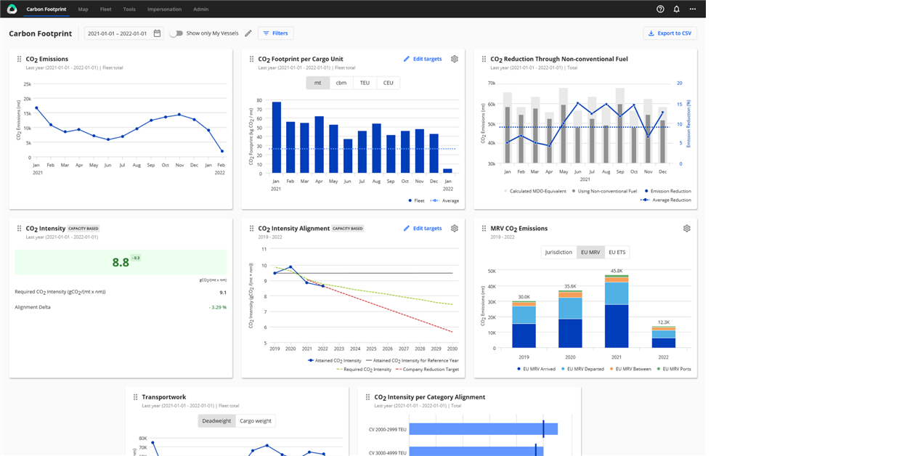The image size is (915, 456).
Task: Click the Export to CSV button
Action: pos(670,33)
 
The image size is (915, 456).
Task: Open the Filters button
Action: pos(275,33)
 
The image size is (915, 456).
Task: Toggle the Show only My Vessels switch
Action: pos(176,33)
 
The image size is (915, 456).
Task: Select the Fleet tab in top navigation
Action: pos(105,9)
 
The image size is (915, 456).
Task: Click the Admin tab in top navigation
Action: pos(201,9)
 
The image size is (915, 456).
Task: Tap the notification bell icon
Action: pos(676,9)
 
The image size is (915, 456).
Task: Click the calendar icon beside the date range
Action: pos(158,33)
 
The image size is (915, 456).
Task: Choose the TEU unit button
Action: pos(365,83)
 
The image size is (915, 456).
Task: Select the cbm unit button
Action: pos(341,83)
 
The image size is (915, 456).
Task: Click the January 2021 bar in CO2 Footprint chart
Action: pos(277,137)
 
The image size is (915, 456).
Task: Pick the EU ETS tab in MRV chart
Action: pos(617,252)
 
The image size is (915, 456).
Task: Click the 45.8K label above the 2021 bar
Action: pos(617,271)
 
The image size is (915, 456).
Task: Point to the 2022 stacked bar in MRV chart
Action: pos(663,338)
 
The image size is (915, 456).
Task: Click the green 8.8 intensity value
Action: pos(121,262)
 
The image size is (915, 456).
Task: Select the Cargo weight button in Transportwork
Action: pos(256,421)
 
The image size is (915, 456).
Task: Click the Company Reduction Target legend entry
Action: pos(427,370)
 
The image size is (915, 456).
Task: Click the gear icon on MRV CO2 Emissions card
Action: pos(686,228)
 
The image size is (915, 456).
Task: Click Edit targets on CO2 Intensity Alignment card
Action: pos(423,228)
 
